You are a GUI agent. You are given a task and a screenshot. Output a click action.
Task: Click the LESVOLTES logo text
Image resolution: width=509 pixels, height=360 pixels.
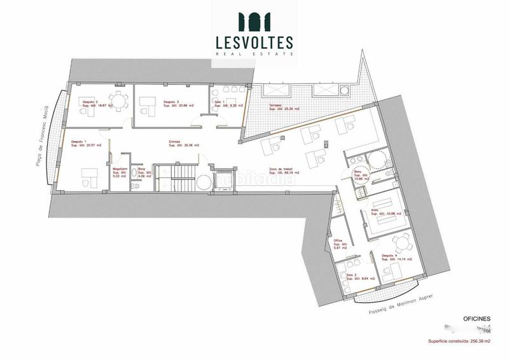[254, 42]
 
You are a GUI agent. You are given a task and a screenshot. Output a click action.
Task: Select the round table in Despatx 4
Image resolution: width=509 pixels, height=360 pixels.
[401, 242]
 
